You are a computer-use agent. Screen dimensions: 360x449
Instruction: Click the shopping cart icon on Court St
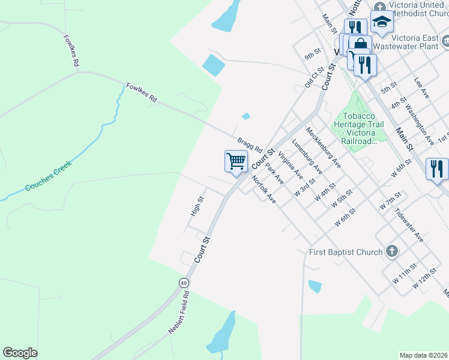click(x=237, y=161)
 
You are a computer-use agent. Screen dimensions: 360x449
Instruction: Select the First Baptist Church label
click(x=345, y=252)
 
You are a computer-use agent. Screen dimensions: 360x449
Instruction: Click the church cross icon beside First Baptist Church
click(x=391, y=251)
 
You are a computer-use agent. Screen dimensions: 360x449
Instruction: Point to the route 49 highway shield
click(x=183, y=282)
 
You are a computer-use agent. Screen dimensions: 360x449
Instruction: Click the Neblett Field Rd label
click(x=178, y=313)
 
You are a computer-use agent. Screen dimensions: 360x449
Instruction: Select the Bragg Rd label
click(x=250, y=145)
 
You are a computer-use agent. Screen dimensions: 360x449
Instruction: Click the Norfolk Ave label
click(x=264, y=190)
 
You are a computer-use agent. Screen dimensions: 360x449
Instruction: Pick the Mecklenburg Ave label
click(x=323, y=146)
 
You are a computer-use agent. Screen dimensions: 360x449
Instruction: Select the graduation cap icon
click(x=381, y=23)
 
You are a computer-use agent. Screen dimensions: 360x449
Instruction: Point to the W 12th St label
click(x=424, y=281)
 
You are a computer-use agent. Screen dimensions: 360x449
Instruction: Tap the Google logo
click(x=20, y=353)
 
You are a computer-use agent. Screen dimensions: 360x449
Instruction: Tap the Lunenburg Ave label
click(x=307, y=158)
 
